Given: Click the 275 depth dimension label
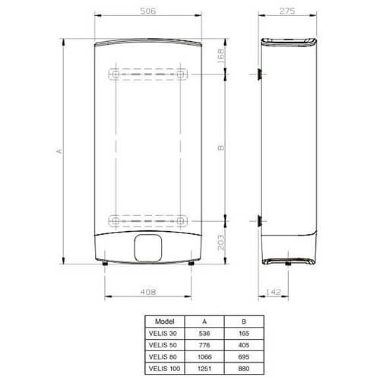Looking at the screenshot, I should click(287, 10).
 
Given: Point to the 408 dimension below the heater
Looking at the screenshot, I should click(148, 292).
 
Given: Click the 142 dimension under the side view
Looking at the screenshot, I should click(273, 292).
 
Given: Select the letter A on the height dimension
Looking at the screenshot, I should click(59, 151).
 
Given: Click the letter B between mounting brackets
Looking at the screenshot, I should click(220, 148).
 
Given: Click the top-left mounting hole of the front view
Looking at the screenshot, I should click(115, 74).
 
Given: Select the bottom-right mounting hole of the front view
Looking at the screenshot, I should click(180, 220).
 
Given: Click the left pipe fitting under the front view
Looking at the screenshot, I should click(104, 263).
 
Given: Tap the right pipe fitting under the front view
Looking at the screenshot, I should click(191, 263).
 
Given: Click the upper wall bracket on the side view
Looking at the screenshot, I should click(260, 74).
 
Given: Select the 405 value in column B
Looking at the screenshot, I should click(244, 344).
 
